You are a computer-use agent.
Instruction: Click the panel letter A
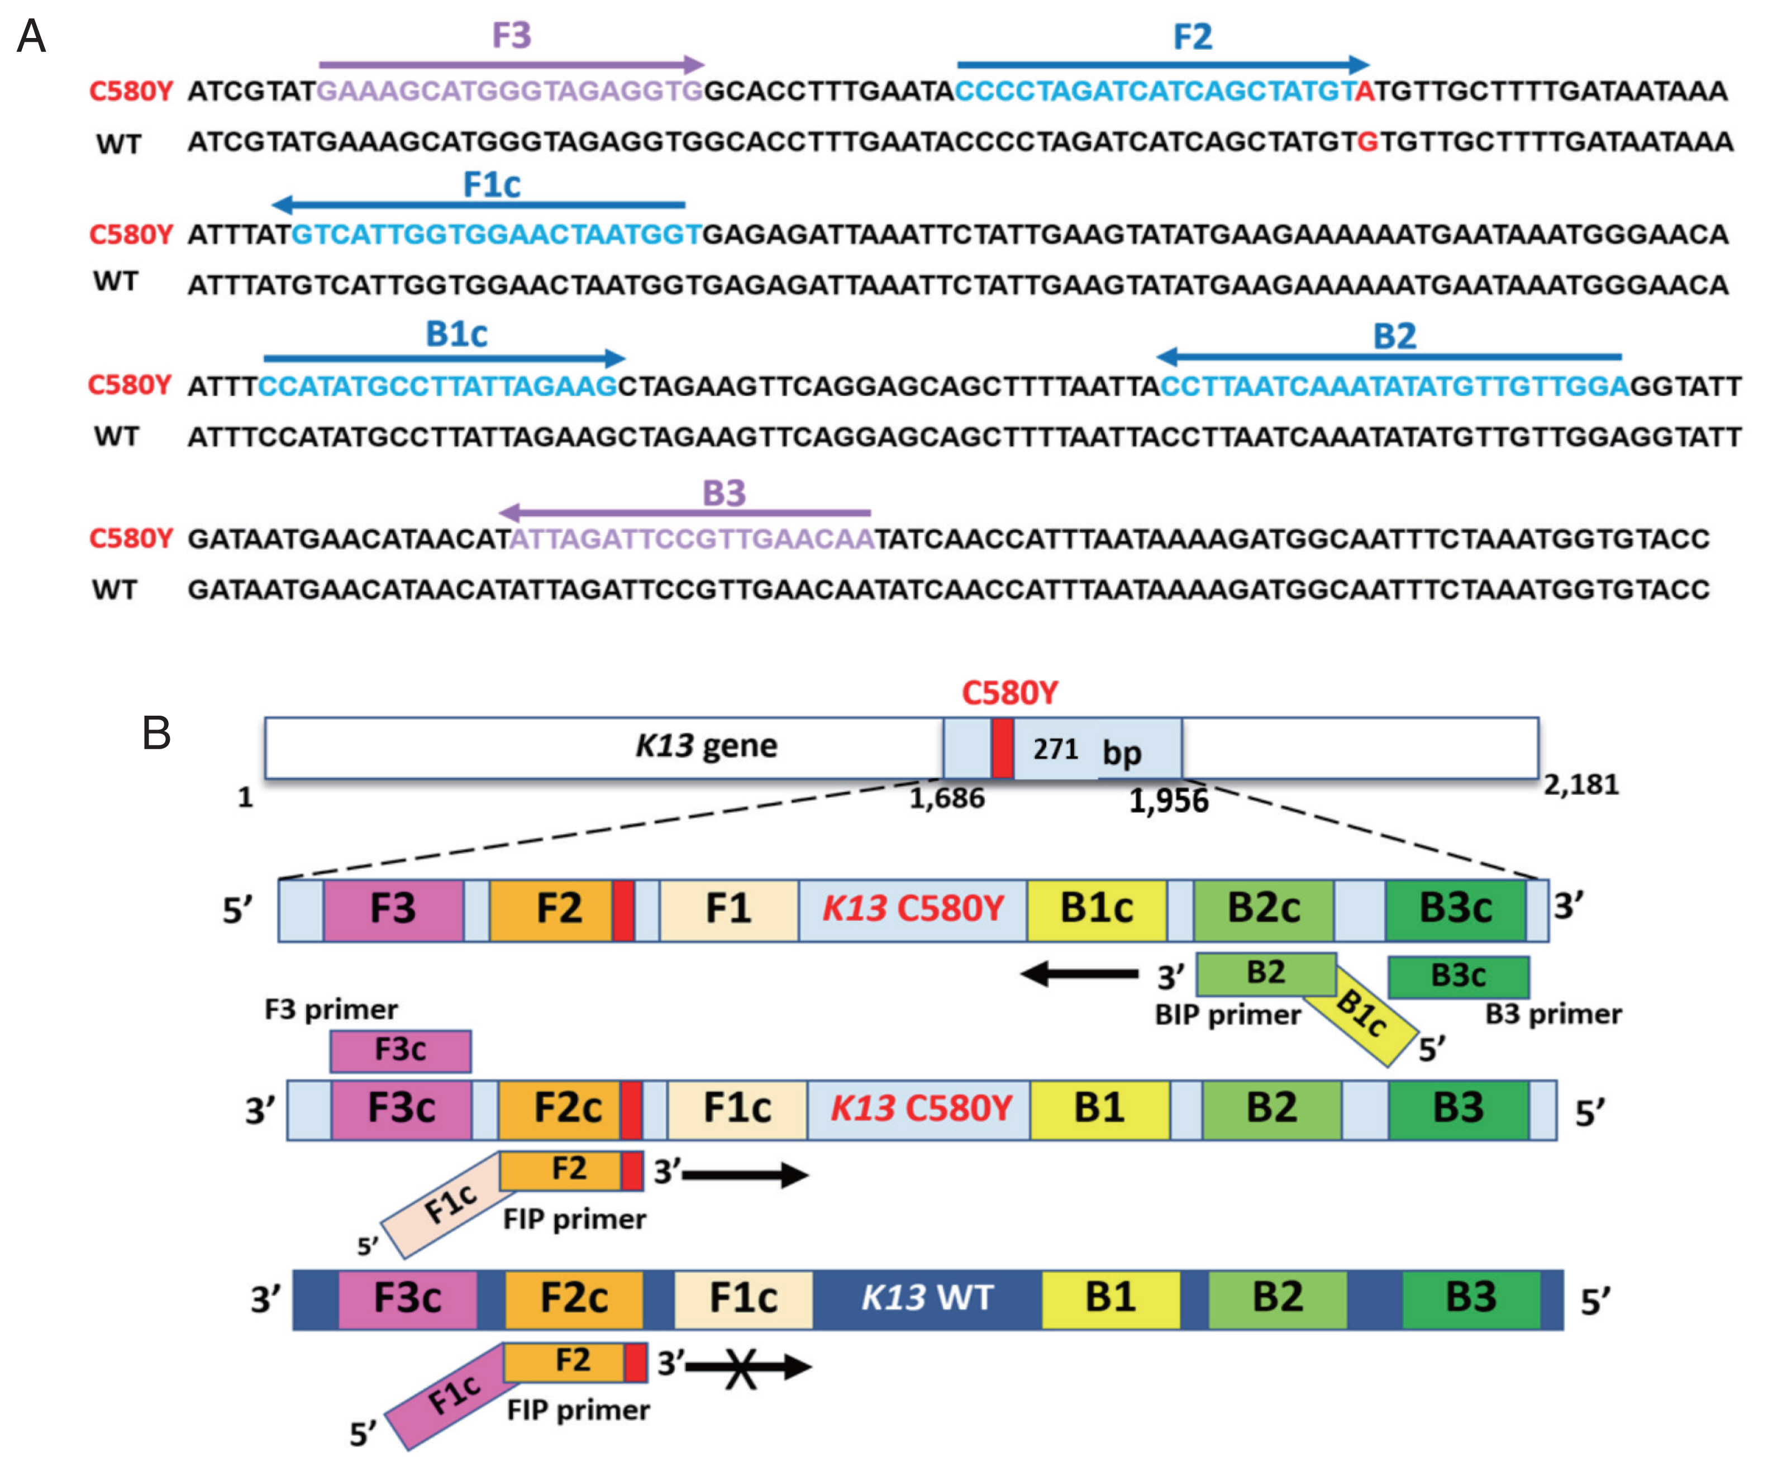point(31,37)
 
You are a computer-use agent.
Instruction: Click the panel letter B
point(156,732)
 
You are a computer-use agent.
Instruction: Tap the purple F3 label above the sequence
point(511,35)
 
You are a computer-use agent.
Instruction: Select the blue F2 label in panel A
point(1192,37)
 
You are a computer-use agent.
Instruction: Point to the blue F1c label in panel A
point(492,184)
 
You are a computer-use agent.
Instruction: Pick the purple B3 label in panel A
point(724,493)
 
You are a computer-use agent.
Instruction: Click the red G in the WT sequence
point(1368,141)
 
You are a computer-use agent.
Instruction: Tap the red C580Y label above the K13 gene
point(1009,693)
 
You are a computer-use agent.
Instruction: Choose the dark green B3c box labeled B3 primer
point(1458,976)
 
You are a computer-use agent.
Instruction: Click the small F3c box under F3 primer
point(400,1050)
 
